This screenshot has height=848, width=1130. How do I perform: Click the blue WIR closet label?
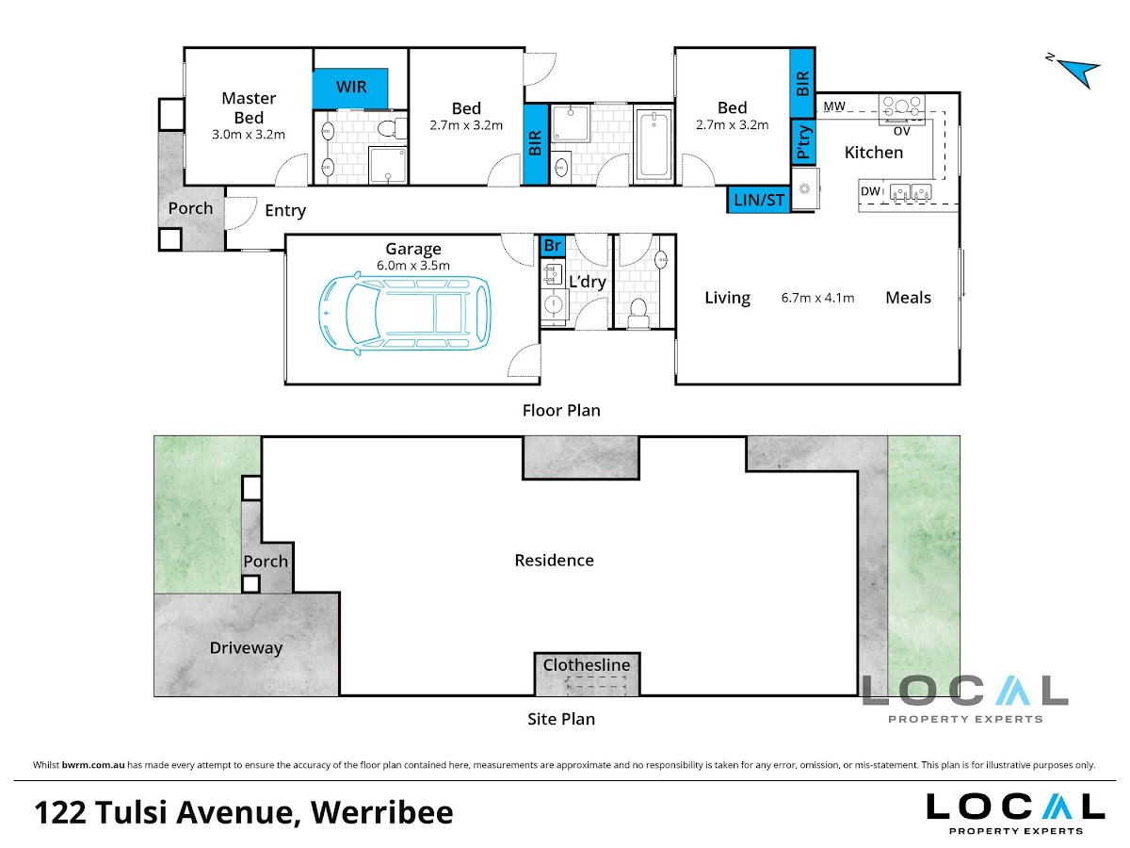(x=351, y=87)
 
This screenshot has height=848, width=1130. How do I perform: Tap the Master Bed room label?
(x=249, y=107)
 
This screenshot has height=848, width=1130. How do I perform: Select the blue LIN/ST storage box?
(x=759, y=199)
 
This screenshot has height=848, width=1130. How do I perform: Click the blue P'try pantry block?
(x=803, y=141)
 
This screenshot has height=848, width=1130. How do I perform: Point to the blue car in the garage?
(x=405, y=313)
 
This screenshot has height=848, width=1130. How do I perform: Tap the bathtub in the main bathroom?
(x=654, y=145)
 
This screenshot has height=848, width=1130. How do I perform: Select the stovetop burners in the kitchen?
(x=901, y=106)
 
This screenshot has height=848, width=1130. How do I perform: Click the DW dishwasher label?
(x=870, y=191)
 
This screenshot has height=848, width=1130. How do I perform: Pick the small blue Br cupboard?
(x=553, y=246)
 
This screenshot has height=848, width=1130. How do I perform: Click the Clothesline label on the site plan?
(x=587, y=664)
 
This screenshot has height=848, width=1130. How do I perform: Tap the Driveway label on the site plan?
(x=246, y=647)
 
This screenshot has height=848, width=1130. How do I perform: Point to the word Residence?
(x=554, y=561)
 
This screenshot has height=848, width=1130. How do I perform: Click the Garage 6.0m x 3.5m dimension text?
(x=412, y=265)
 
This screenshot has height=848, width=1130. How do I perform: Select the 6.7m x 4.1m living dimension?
(x=817, y=298)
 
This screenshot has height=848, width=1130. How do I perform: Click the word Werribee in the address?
(x=381, y=812)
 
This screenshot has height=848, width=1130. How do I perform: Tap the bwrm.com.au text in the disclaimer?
(x=93, y=764)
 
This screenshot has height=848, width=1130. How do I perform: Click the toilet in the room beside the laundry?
(x=638, y=313)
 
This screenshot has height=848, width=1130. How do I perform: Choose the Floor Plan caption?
(x=561, y=411)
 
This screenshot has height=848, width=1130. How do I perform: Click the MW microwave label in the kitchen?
(x=834, y=106)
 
